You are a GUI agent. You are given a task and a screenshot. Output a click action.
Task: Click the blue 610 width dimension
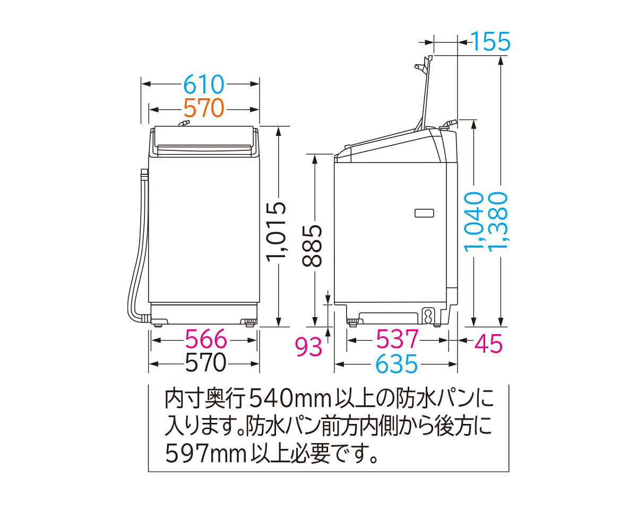[204, 84]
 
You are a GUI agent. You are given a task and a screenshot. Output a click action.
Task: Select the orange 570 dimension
[204, 108]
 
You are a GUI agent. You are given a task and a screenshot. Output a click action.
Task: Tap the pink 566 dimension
[206, 339]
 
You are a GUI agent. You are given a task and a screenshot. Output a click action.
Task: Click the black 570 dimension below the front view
[206, 362]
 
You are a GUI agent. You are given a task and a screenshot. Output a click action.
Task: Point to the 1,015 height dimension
[277, 232]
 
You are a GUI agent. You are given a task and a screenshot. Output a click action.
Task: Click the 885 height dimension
[312, 246]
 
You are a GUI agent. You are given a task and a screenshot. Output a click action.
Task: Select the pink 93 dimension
[308, 347]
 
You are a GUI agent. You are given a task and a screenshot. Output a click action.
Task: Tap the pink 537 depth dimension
[397, 339]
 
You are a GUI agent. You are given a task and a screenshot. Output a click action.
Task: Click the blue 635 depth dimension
[397, 363]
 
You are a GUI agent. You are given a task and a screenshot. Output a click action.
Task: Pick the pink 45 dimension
[488, 344]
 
